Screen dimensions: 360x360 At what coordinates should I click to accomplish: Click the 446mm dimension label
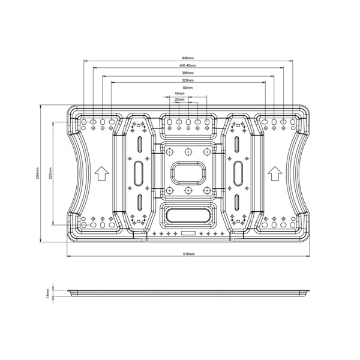[188, 58]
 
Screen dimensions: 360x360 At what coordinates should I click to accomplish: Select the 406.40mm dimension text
[188, 65]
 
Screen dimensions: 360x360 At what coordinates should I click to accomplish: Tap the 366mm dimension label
[188, 73]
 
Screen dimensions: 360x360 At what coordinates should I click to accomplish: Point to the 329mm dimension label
[188, 80]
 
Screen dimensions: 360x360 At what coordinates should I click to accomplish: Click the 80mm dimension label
[188, 88]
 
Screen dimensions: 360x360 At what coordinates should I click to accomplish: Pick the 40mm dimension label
[179, 94]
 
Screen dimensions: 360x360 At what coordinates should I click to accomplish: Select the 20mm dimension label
[179, 100]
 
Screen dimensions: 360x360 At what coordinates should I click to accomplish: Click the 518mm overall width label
[189, 254]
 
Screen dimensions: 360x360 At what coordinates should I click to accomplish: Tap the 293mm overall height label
[38, 173]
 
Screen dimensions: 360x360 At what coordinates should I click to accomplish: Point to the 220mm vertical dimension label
[50, 173]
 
